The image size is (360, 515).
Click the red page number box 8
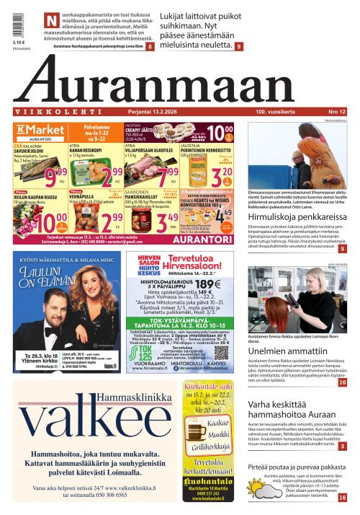(150, 47)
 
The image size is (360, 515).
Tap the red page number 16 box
(342, 497)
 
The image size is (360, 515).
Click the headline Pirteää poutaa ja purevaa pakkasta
(297, 467)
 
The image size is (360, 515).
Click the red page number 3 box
(342, 446)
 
